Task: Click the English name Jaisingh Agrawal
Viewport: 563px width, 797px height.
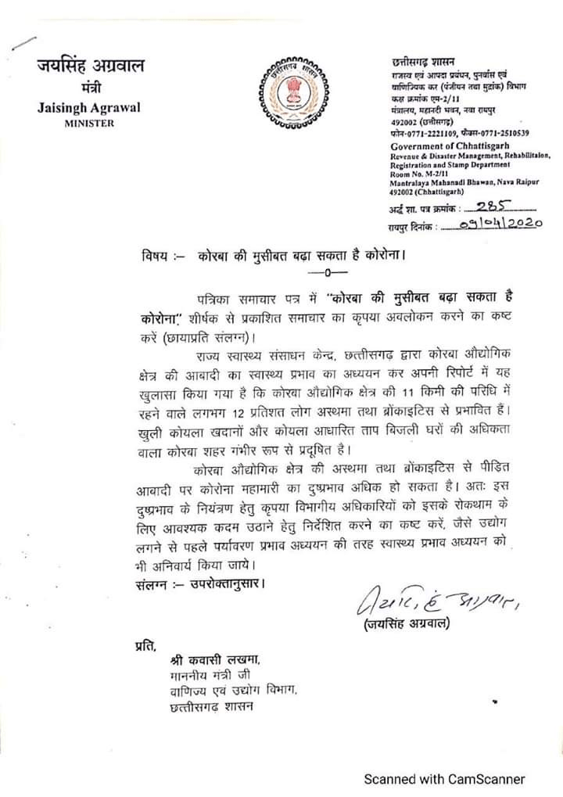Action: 89,107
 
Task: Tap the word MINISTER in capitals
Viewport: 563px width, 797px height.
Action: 89,123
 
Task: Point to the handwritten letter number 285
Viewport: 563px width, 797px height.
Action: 497,207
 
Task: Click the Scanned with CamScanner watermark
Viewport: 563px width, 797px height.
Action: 446,778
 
